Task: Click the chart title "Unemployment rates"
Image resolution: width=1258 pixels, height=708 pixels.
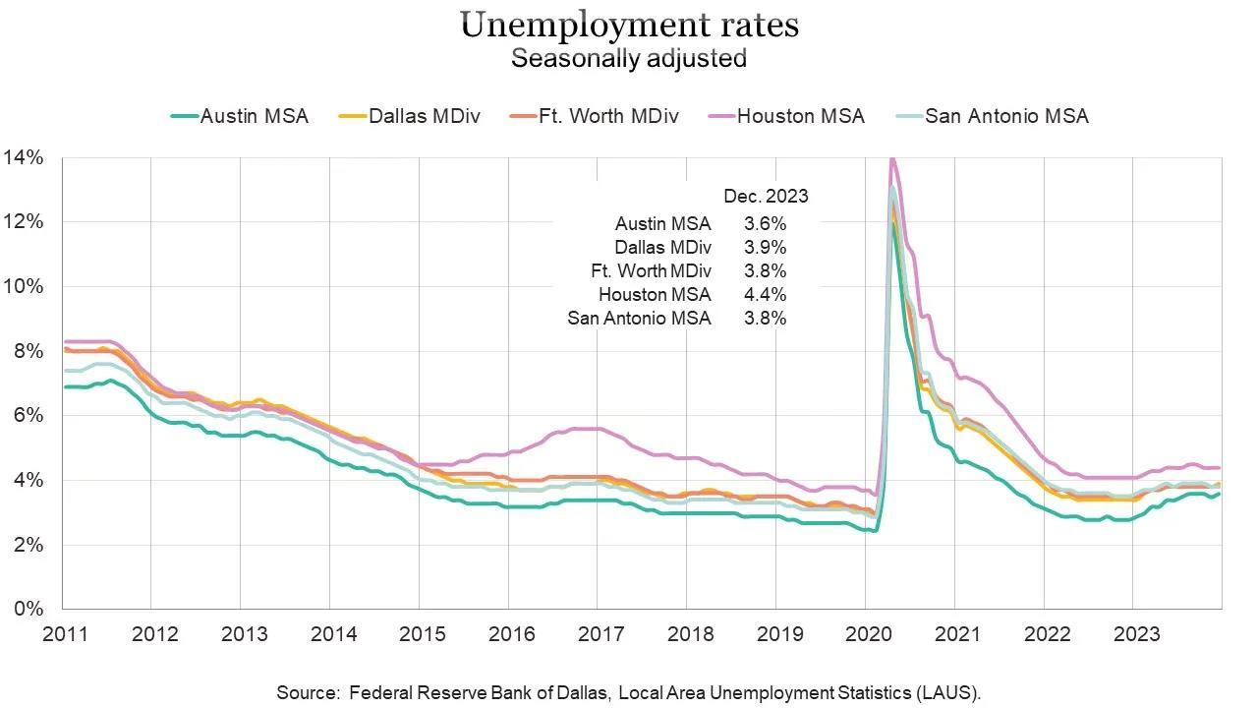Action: coord(629,25)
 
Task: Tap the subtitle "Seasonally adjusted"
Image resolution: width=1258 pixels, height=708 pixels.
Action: coord(629,58)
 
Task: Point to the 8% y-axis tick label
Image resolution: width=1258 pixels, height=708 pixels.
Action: coord(27,351)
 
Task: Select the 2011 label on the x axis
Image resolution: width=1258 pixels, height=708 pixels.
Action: coord(64,633)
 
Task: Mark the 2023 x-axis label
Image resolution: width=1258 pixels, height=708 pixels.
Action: coord(1134,633)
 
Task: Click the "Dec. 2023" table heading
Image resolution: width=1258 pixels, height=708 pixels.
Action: coord(766,196)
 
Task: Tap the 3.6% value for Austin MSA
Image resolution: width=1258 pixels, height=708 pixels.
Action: coord(766,223)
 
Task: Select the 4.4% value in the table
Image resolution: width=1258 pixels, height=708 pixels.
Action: coord(766,294)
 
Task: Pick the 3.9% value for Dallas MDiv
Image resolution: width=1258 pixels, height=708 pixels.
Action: coord(766,247)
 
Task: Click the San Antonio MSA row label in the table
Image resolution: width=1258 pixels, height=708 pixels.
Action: coord(639,318)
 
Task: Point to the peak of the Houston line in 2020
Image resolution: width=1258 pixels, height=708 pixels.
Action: coord(891,159)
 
